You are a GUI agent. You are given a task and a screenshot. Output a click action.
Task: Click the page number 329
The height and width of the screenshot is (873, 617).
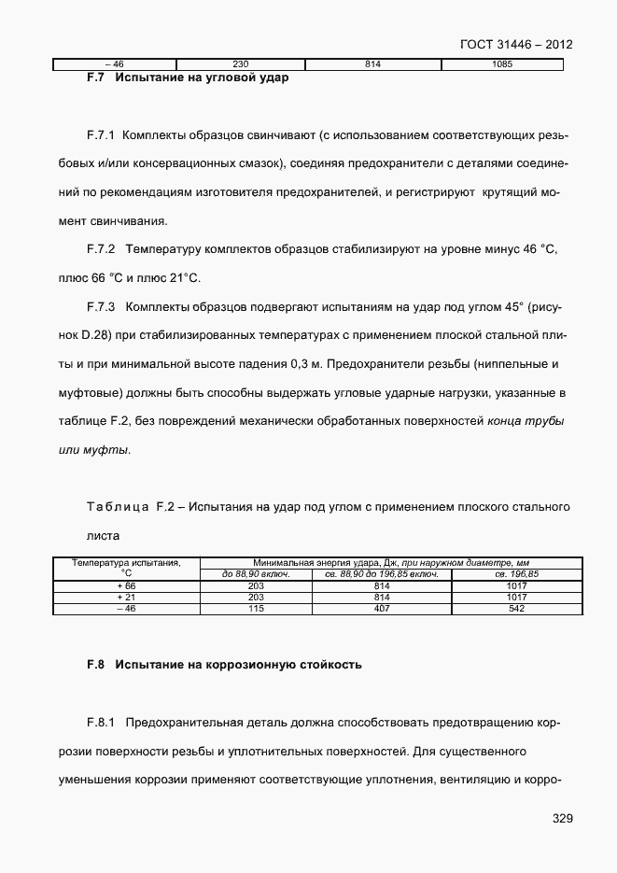click(x=561, y=818)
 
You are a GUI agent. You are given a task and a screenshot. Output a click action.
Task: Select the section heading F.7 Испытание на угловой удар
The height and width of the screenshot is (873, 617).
click(x=187, y=77)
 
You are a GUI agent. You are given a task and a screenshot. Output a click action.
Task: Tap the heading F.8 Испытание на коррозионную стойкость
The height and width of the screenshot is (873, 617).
click(x=223, y=666)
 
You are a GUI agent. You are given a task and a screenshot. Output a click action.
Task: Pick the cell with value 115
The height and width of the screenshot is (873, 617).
click(x=255, y=609)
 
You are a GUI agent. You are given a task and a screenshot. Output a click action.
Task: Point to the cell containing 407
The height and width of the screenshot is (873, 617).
click(x=381, y=609)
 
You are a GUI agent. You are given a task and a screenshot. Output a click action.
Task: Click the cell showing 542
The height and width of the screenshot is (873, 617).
click(x=517, y=609)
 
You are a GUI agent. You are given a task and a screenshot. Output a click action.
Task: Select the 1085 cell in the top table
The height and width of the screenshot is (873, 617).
click(x=501, y=64)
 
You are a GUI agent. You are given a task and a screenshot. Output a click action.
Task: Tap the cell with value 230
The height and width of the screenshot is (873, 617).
click(x=241, y=64)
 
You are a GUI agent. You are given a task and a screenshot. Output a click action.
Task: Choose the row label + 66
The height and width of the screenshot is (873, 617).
click(x=126, y=585)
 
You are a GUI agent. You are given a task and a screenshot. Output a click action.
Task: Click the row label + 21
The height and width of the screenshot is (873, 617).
click(x=126, y=597)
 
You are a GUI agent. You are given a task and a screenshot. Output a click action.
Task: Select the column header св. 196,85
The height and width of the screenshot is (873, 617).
click(x=517, y=574)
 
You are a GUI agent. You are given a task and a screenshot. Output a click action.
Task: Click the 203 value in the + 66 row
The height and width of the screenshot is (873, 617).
click(x=255, y=585)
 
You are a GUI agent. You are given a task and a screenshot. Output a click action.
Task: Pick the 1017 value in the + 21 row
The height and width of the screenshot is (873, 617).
click(x=517, y=597)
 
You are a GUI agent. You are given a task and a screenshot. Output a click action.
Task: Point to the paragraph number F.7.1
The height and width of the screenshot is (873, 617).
click(x=100, y=135)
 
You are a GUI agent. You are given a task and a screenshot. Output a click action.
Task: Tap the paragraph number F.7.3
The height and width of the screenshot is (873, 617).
click(x=100, y=307)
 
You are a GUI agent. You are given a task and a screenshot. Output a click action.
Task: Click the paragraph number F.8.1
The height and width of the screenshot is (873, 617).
click(x=100, y=723)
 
